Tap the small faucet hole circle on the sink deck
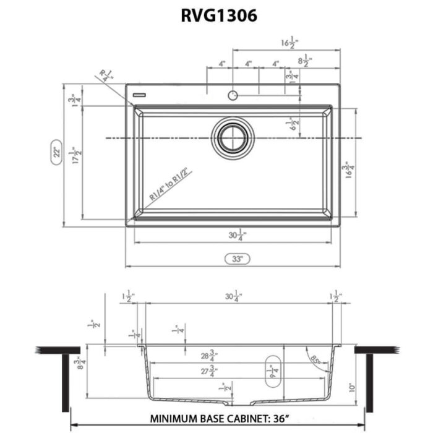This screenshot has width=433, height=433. coord(233,95)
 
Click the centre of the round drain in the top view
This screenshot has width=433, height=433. coord(233,137)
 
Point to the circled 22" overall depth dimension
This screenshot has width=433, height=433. coord(55,152)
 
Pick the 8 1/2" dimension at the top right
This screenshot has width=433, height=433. coord(305,62)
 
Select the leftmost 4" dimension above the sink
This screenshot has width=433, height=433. coord(221,64)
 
